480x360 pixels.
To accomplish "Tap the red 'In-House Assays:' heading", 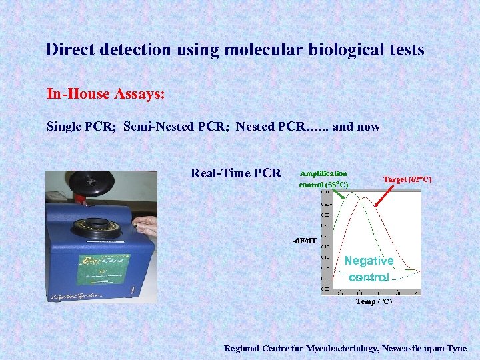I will click(x=105, y=94).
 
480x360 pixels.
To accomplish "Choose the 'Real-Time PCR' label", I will click(x=236, y=173).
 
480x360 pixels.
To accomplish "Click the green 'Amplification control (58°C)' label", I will click(x=323, y=179).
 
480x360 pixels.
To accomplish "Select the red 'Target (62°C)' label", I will click(x=407, y=179).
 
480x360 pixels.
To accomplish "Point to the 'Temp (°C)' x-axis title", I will click(x=373, y=301).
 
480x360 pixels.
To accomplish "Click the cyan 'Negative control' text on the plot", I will click(x=369, y=269).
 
